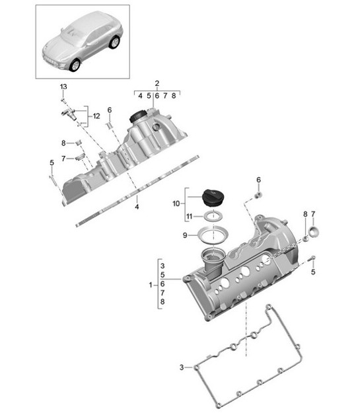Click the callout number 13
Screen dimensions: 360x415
pos(63,87)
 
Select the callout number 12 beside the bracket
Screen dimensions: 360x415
pos(96,116)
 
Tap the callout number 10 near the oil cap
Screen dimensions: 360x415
pos(176,204)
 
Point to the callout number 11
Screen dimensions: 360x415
pos(189,217)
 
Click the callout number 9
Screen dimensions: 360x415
pos(185,235)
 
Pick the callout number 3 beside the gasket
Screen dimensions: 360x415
pos(182,367)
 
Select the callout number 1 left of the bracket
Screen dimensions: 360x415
pos(151,285)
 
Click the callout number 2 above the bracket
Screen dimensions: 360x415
pos(157,83)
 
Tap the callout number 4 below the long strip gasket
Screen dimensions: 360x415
pos(137,207)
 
